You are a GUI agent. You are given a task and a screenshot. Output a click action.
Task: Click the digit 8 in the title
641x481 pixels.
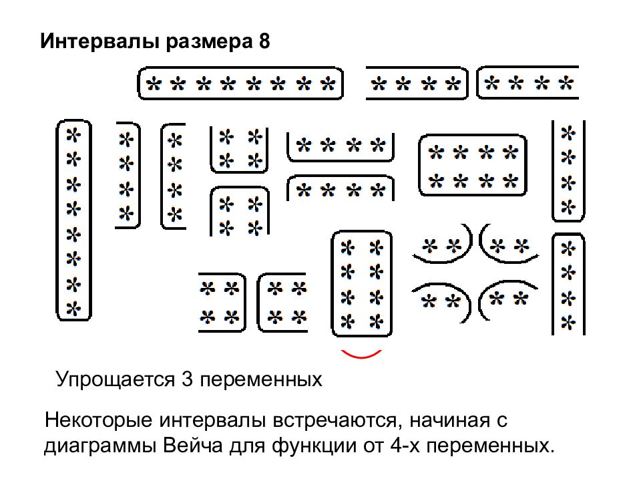pos(264,42)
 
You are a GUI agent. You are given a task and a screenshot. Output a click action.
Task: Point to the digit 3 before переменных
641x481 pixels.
pos(187,381)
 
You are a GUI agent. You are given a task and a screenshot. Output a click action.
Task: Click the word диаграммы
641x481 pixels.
pos(101,446)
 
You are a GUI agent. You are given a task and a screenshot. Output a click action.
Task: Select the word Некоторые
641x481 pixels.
pos(97,422)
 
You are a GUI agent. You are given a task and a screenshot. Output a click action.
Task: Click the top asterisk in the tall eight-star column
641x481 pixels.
pos(73,134)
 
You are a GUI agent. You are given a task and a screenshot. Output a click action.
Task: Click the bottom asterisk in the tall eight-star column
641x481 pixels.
pos(73,309)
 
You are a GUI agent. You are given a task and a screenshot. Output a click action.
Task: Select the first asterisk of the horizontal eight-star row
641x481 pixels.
pos(154,84)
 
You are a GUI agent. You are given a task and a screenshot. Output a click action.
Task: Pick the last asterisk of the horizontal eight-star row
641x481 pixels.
pos(327,84)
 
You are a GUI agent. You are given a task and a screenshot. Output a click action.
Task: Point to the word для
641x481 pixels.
pos(258,446)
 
